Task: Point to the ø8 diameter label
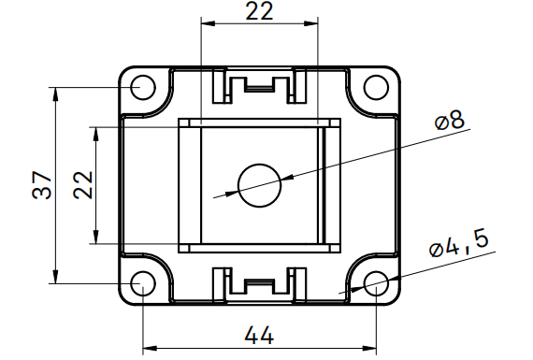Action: click(450, 121)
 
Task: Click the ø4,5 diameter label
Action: click(459, 244)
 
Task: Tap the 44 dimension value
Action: click(259, 335)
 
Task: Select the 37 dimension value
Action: click(42, 185)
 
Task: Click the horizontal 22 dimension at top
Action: click(259, 11)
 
